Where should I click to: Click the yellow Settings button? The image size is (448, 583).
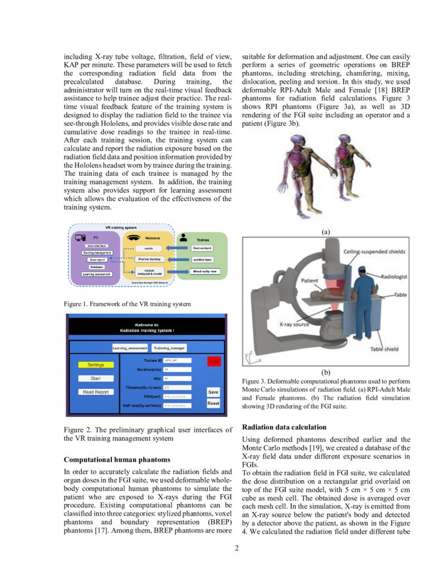[x=96, y=364]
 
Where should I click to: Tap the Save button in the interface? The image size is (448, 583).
[x=213, y=391]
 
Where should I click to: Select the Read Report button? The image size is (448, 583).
[x=96, y=392]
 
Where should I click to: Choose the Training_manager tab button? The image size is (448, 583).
[x=169, y=348]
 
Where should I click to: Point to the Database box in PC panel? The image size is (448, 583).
[x=96, y=266]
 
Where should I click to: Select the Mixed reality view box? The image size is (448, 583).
[x=206, y=272]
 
